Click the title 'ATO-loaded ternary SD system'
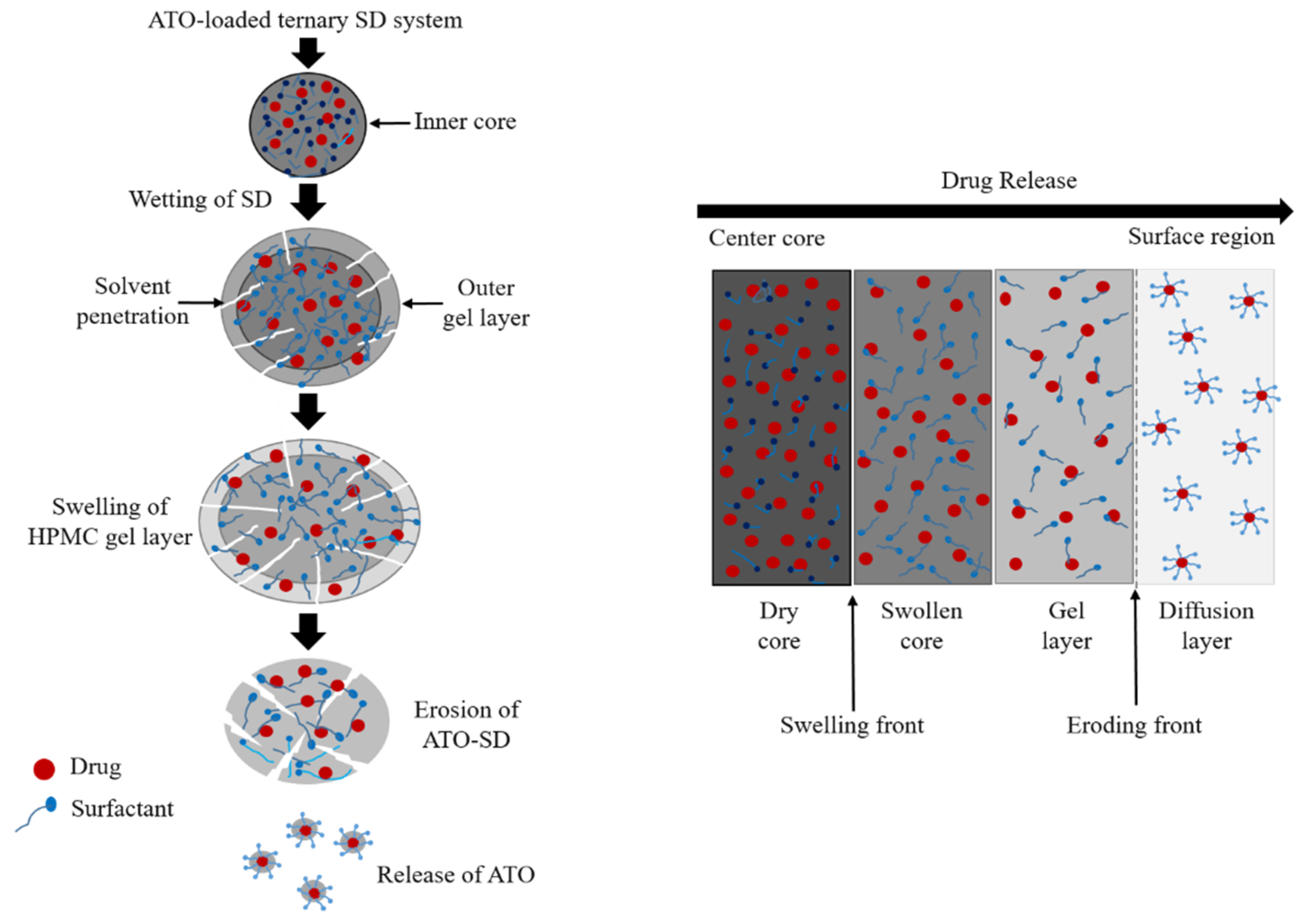tap(305, 21)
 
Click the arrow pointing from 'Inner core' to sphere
tap(390, 123)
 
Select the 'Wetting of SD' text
tap(200, 200)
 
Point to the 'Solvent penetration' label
tap(132, 302)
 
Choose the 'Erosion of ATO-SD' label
tap(466, 725)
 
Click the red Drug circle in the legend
tap(44, 769)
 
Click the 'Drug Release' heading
tap(1008, 181)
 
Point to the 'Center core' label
tap(766, 238)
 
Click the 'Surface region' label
tap(1201, 237)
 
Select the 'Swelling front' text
tap(851, 726)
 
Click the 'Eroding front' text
tap(1134, 726)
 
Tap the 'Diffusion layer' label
tap(1206, 626)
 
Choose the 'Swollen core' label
tap(921, 626)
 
